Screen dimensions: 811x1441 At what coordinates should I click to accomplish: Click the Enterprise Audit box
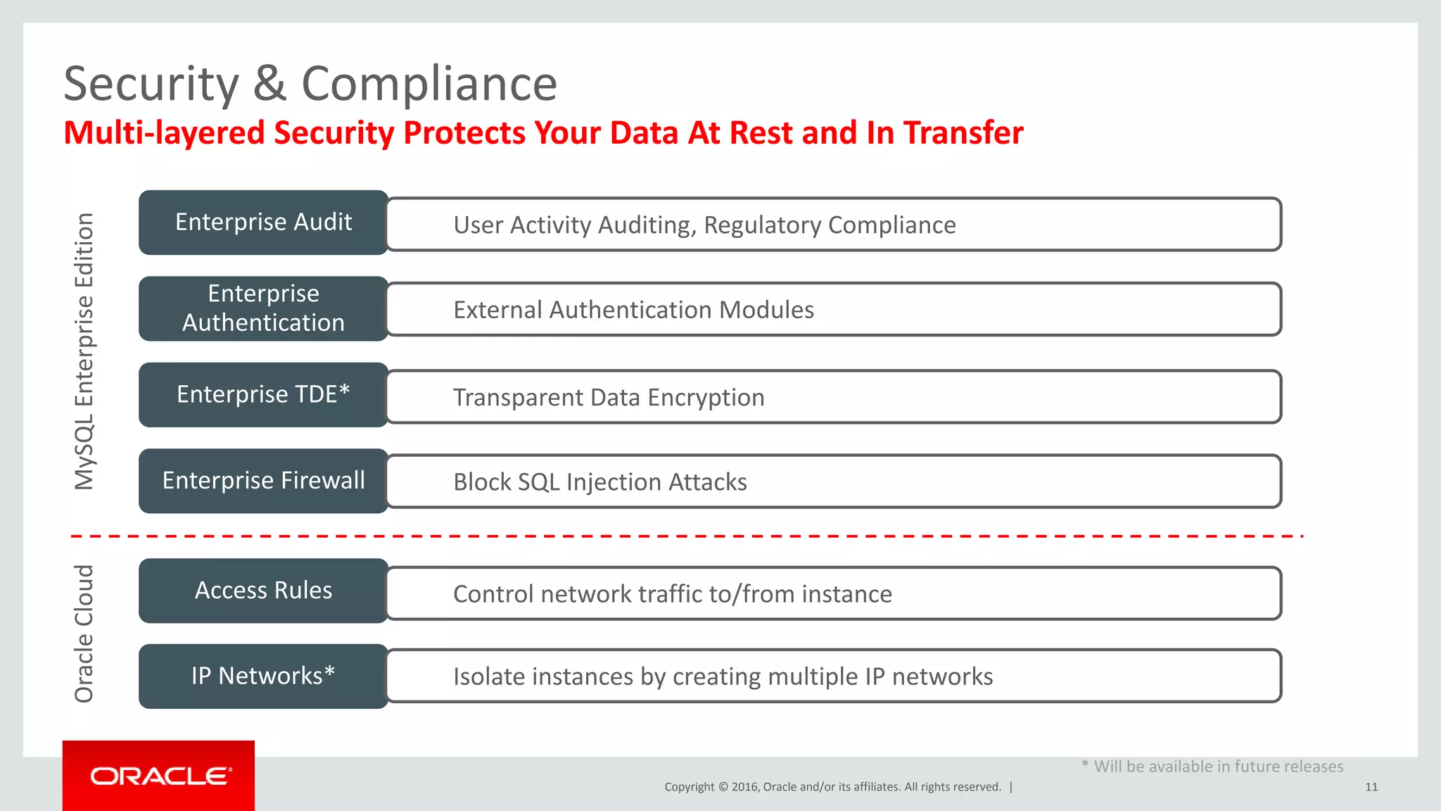pos(263,222)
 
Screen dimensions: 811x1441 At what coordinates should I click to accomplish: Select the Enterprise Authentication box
pos(263,308)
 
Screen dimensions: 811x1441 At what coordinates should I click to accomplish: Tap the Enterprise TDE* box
pos(263,395)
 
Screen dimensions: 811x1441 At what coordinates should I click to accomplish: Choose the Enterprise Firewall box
pos(263,481)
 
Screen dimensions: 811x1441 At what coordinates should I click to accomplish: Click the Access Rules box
pos(263,591)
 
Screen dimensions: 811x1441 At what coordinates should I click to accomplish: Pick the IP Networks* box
pos(263,677)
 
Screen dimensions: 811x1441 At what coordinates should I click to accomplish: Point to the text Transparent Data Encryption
pos(608,398)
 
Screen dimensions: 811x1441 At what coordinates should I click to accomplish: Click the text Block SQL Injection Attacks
pos(599,482)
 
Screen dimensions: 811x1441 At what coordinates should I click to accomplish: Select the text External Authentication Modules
pos(633,310)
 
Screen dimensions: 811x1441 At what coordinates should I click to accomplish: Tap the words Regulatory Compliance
pos(830,225)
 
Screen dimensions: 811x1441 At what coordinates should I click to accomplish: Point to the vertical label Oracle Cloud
pos(84,634)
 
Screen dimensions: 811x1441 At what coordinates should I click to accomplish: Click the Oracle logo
pos(159,776)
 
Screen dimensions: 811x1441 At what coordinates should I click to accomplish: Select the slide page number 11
pos(1371,787)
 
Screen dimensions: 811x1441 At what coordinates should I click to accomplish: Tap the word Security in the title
pos(151,84)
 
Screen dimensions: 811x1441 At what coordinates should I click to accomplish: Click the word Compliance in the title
pos(429,84)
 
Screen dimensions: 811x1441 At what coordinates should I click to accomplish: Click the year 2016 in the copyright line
pos(744,787)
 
